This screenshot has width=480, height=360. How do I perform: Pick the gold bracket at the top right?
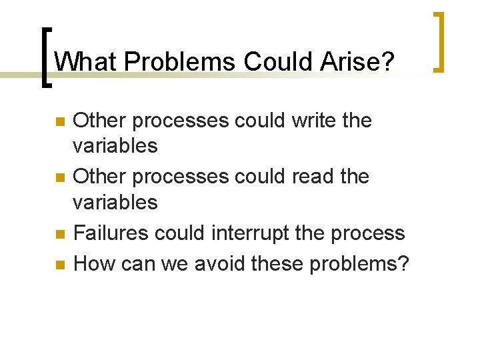click(x=439, y=41)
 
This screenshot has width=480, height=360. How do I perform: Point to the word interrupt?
click(x=251, y=233)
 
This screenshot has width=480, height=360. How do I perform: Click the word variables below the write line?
click(x=115, y=146)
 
